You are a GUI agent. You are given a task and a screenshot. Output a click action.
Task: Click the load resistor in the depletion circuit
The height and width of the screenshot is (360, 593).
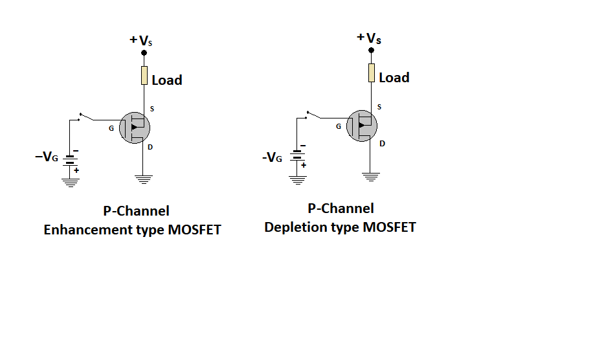coord(371,73)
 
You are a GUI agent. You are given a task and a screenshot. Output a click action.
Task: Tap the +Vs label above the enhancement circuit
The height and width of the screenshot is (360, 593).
coord(142,41)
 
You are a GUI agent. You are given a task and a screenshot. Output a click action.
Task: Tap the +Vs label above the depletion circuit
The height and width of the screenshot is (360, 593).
coord(369,38)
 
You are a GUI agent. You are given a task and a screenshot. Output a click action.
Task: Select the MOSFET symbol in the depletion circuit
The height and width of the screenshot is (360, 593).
coord(362,125)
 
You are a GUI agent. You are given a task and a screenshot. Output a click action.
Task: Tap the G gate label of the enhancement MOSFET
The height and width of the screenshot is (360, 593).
coord(111,128)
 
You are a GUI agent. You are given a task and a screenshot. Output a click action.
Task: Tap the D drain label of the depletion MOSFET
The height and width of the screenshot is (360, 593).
coord(382,143)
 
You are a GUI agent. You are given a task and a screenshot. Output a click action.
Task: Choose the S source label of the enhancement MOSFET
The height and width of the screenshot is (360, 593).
coord(152,108)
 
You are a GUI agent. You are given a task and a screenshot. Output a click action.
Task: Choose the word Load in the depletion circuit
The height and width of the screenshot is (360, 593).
coord(394,78)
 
